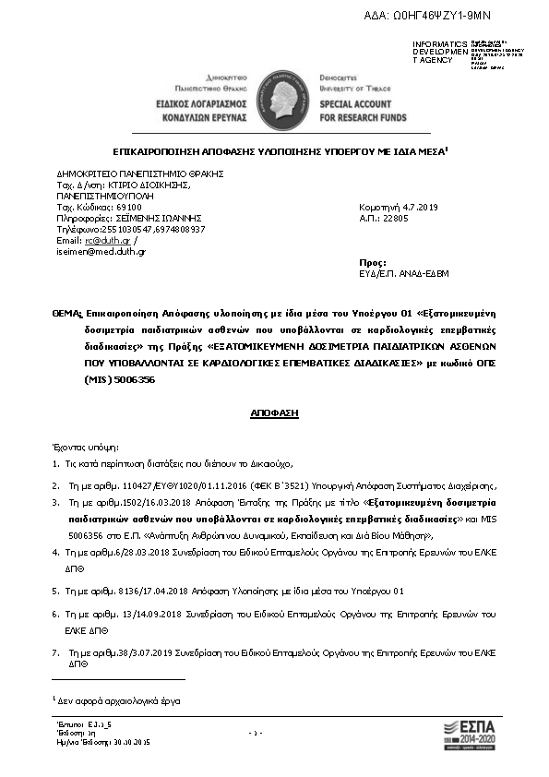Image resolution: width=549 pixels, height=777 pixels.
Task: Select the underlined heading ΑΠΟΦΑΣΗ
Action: [274, 412]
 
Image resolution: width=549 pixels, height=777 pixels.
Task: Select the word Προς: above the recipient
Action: [370, 263]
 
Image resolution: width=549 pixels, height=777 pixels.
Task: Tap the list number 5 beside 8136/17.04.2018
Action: [55, 591]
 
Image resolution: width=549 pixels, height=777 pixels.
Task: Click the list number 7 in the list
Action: [55, 653]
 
